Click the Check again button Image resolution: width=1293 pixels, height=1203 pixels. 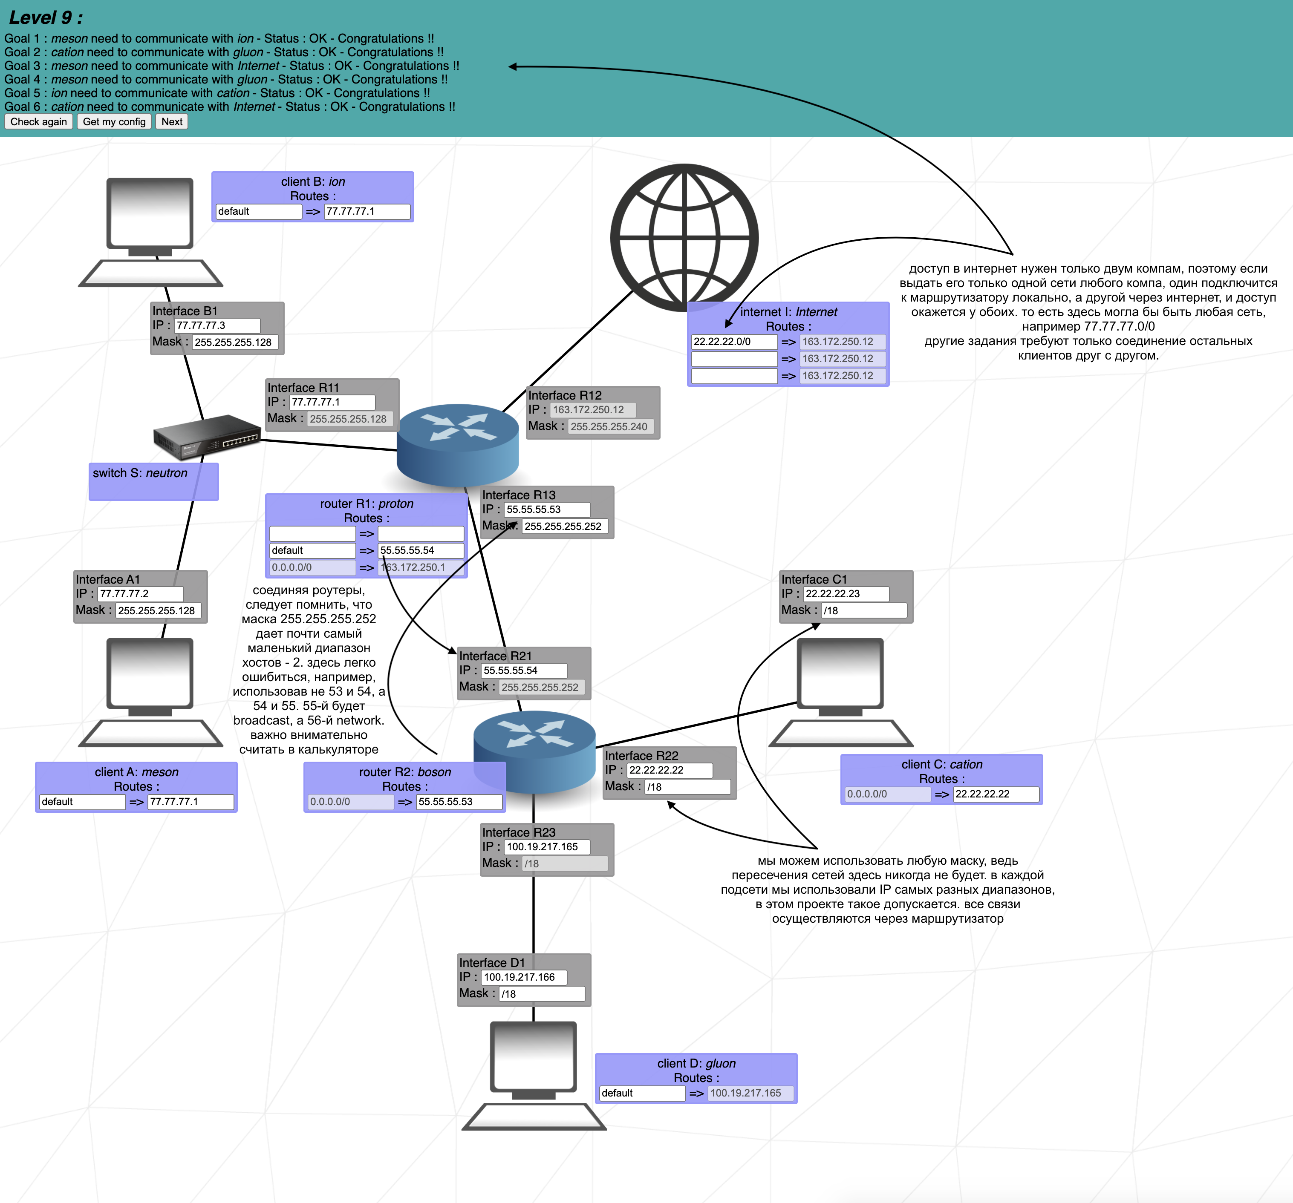click(38, 121)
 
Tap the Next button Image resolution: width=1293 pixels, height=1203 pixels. click(172, 121)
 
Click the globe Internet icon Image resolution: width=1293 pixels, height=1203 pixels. click(684, 237)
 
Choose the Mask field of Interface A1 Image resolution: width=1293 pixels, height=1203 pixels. click(159, 610)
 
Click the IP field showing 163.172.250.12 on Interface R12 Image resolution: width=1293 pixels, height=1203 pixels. click(592, 410)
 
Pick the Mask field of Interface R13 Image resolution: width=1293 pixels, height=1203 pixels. click(565, 526)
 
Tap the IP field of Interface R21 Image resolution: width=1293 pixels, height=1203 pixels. click(524, 671)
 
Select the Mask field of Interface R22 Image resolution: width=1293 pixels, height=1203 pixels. click(687, 787)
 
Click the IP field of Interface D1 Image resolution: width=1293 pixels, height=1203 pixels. click(524, 977)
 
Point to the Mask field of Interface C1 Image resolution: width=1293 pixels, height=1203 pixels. click(864, 610)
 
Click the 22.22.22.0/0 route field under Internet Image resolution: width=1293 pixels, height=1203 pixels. click(734, 341)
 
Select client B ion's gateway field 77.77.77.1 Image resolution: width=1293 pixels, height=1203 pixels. click(367, 211)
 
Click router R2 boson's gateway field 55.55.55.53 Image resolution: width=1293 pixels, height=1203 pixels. click(459, 802)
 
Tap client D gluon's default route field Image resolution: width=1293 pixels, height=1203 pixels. click(642, 1093)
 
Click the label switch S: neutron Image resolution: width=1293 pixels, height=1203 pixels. click(140, 473)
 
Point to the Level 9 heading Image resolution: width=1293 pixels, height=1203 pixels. click(46, 17)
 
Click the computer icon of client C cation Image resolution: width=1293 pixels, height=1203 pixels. click(840, 693)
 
